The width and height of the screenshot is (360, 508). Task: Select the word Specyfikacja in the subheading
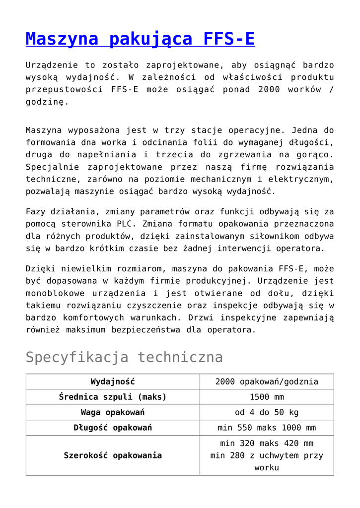78,357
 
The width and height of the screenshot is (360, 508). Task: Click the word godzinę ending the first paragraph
45,102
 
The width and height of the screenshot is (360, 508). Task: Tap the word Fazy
37,212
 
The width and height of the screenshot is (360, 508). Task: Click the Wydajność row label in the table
113,382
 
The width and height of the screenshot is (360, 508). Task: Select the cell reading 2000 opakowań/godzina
267,382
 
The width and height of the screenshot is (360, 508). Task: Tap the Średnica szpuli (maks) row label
113,397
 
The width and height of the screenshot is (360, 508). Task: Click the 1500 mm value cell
267,397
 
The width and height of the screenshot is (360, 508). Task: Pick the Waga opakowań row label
113,413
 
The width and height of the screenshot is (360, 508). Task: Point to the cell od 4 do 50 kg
267,413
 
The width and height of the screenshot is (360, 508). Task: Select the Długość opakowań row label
113,428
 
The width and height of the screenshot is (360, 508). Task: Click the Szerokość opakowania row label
113,455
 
